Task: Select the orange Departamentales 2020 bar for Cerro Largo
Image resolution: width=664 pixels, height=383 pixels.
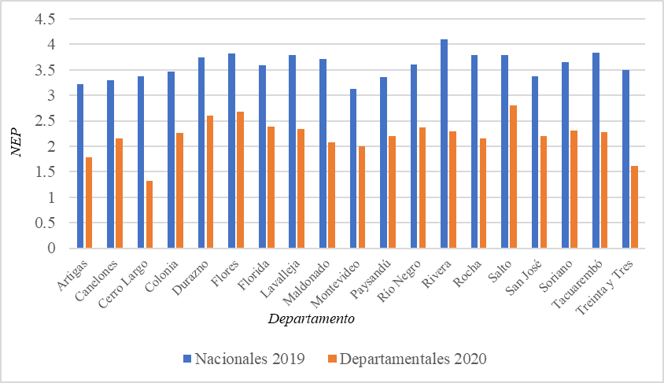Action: (x=149, y=215)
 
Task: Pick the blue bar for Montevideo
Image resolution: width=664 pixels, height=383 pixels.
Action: (x=353, y=169)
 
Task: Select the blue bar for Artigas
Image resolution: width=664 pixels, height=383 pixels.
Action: (x=80, y=166)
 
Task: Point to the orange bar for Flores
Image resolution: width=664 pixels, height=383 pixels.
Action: (x=241, y=180)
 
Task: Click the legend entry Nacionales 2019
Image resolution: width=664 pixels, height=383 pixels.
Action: (x=243, y=359)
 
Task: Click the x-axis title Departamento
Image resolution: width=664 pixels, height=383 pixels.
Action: (x=310, y=319)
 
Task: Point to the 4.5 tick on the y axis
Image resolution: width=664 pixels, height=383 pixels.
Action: (x=49, y=20)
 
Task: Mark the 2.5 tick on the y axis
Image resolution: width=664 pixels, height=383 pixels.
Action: (x=49, y=121)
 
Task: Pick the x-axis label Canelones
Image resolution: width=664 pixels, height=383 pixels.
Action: (x=103, y=277)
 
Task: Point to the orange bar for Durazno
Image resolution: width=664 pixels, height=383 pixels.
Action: (x=210, y=182)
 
